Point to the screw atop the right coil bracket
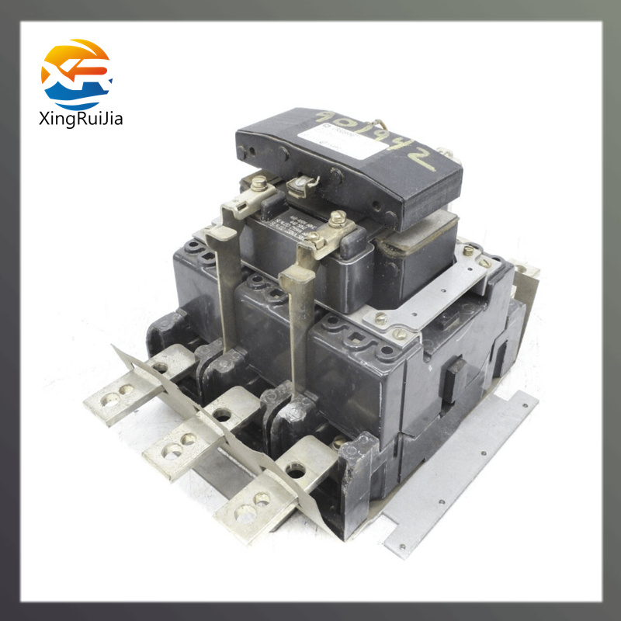point(338,220)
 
